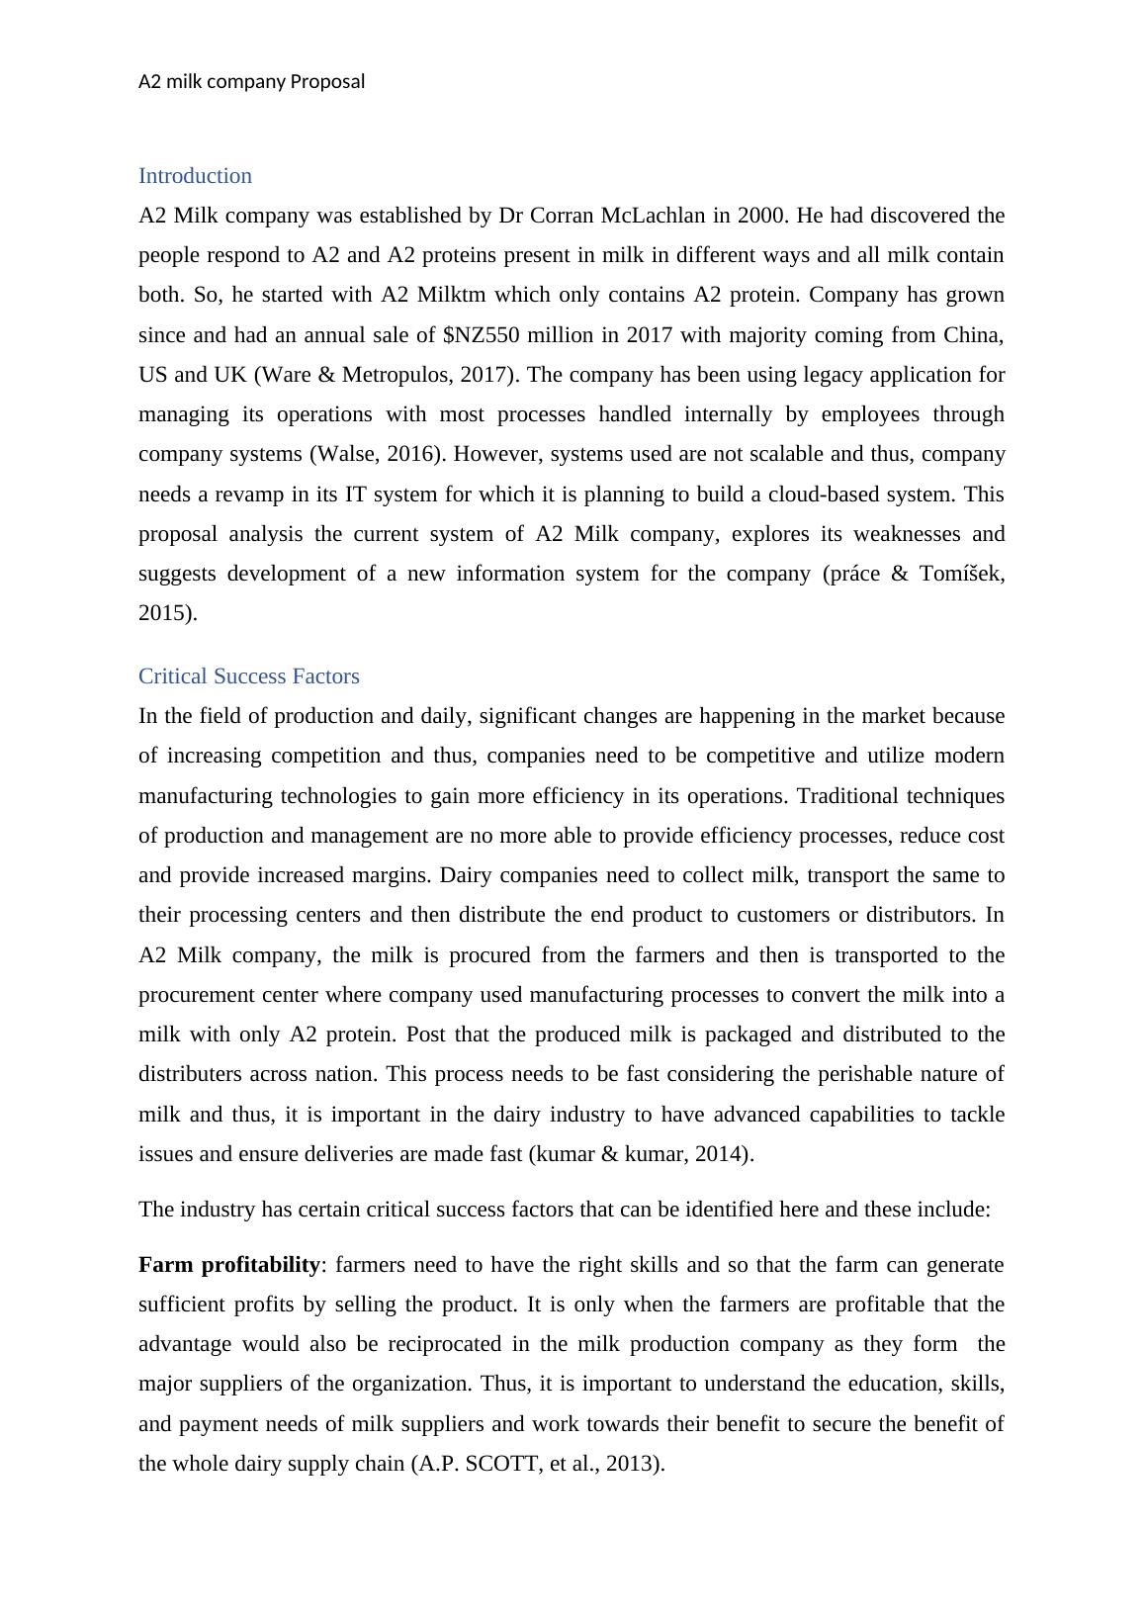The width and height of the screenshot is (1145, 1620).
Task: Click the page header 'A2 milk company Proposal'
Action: (x=251, y=81)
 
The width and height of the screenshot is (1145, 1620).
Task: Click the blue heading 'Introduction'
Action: (x=195, y=176)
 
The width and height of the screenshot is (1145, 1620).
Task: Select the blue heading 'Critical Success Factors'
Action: (x=248, y=676)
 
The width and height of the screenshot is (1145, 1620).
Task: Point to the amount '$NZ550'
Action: (x=479, y=335)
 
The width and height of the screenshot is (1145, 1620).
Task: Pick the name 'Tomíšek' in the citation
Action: (x=957, y=574)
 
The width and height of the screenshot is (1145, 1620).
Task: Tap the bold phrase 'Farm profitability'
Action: (x=229, y=1265)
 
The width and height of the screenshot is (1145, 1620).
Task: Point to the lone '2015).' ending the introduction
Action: (x=167, y=613)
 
